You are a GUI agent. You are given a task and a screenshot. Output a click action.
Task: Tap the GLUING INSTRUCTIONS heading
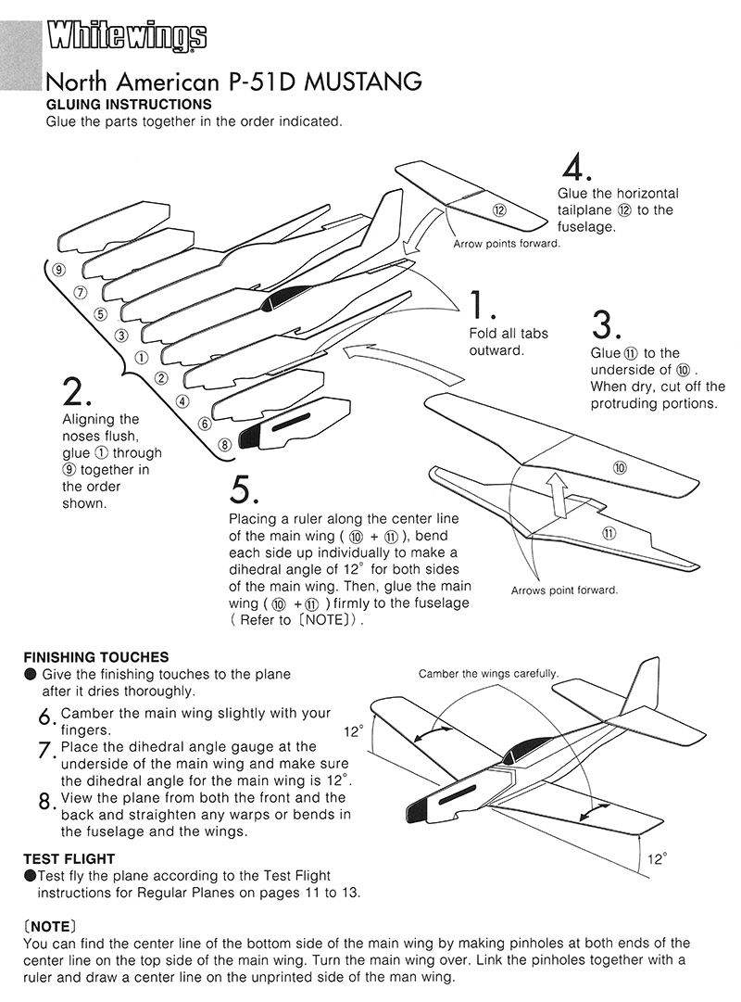coord(129,104)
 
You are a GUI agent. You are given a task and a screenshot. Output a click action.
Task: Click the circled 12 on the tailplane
coord(500,210)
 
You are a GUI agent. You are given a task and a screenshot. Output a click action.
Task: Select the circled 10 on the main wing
coord(620,468)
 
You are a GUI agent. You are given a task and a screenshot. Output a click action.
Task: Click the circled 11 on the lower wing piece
coord(609,532)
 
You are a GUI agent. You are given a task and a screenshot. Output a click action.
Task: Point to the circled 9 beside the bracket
coord(58,270)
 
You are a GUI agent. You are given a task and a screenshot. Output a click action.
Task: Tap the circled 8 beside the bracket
coord(223,444)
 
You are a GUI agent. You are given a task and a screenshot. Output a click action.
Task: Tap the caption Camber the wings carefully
coord(488,673)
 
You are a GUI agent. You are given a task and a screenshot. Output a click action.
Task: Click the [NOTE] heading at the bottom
coord(47,925)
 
